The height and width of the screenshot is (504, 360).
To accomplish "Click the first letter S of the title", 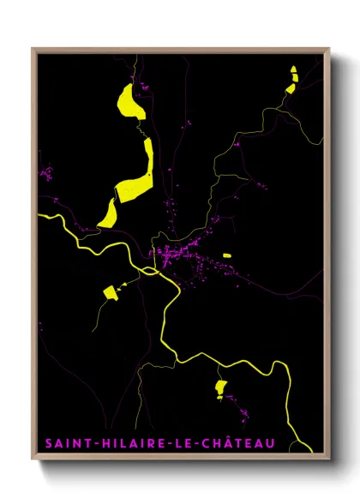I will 47,443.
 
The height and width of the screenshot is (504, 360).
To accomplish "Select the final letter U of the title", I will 271,443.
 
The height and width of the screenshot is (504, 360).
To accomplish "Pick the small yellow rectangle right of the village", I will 226,255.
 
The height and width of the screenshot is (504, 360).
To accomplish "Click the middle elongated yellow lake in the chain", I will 139,171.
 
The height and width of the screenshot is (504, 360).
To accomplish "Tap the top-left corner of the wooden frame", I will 33,49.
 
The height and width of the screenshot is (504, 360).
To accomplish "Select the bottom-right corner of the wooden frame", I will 329,460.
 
